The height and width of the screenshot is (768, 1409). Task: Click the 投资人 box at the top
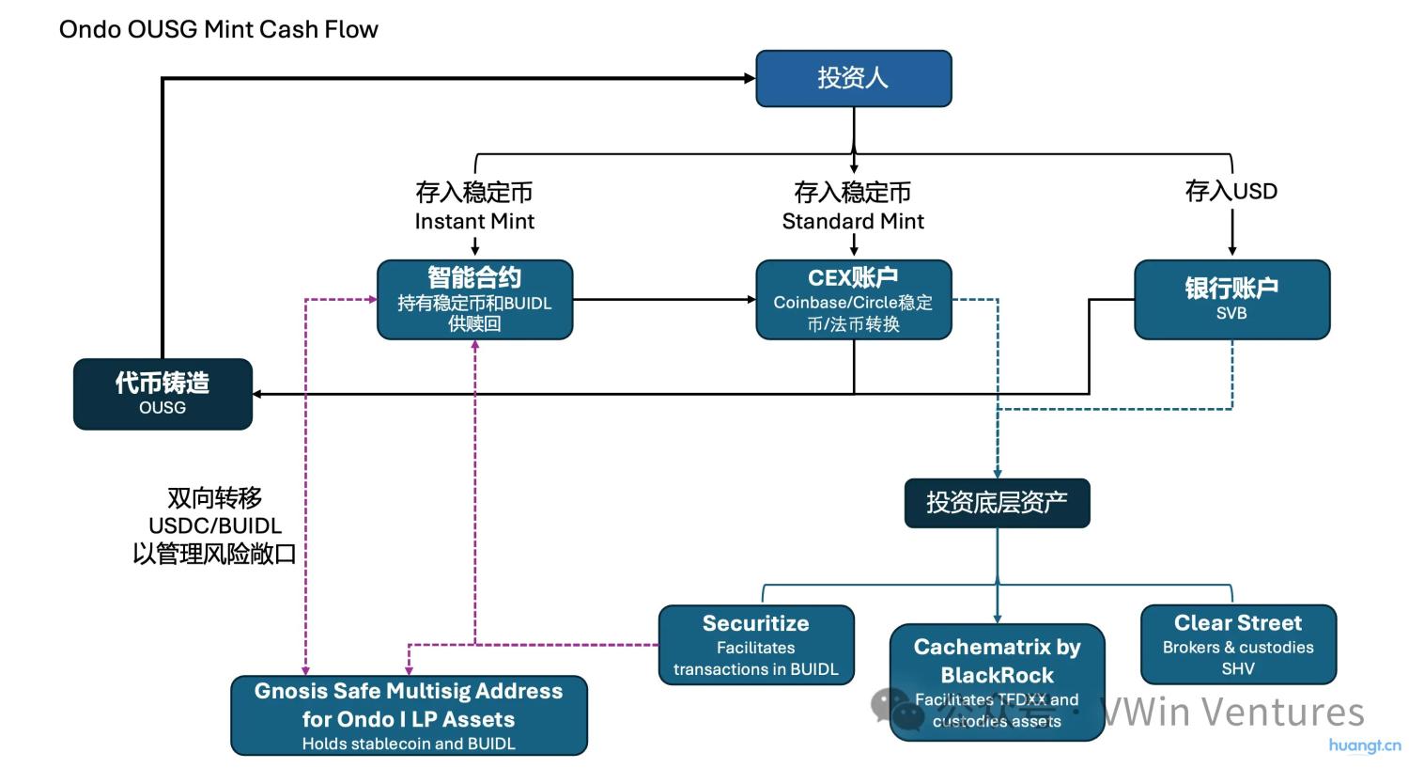click(x=853, y=78)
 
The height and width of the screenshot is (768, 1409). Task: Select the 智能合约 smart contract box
click(x=474, y=300)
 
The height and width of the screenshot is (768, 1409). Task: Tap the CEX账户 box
click(x=853, y=300)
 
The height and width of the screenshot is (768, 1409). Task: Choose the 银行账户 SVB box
click(x=1231, y=299)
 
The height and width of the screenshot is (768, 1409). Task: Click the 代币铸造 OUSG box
click(x=163, y=394)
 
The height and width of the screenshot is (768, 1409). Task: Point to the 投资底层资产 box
click(x=997, y=503)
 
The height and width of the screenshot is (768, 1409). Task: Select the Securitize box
click(x=756, y=645)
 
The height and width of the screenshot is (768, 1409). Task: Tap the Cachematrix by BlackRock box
click(x=997, y=682)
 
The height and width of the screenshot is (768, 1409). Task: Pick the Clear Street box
click(x=1238, y=644)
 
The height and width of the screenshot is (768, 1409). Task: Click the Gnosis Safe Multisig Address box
click(x=409, y=715)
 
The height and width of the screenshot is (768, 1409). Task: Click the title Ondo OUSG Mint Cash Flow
click(x=219, y=29)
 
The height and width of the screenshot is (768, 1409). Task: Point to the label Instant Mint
click(x=474, y=222)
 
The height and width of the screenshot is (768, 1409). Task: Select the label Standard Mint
click(x=853, y=222)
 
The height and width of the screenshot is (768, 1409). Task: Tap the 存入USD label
click(x=1231, y=192)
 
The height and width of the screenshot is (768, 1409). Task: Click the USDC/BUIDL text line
click(x=215, y=526)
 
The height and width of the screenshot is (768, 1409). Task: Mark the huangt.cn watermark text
click(x=1365, y=745)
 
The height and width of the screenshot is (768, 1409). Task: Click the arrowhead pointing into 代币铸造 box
click(x=259, y=394)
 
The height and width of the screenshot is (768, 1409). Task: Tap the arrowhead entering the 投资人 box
click(x=750, y=78)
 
